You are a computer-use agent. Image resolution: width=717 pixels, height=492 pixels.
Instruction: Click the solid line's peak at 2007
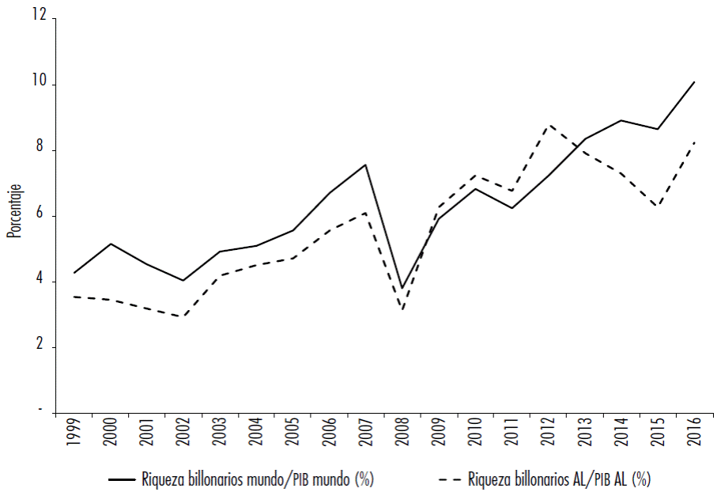[x=366, y=165]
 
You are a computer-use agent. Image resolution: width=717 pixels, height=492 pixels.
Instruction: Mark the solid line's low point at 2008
[x=402, y=288]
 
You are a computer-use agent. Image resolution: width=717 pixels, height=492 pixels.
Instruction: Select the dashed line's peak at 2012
[x=548, y=124]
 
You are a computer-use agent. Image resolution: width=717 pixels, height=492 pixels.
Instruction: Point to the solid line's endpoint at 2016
[x=693, y=81]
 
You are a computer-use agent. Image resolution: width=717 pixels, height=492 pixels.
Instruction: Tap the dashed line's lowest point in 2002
[x=183, y=316]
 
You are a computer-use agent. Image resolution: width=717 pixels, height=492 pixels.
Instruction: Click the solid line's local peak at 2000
[x=111, y=244]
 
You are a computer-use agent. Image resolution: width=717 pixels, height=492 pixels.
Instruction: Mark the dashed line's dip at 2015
[x=657, y=206]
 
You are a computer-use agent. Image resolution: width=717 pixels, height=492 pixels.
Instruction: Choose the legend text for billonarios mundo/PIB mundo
[x=258, y=478]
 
